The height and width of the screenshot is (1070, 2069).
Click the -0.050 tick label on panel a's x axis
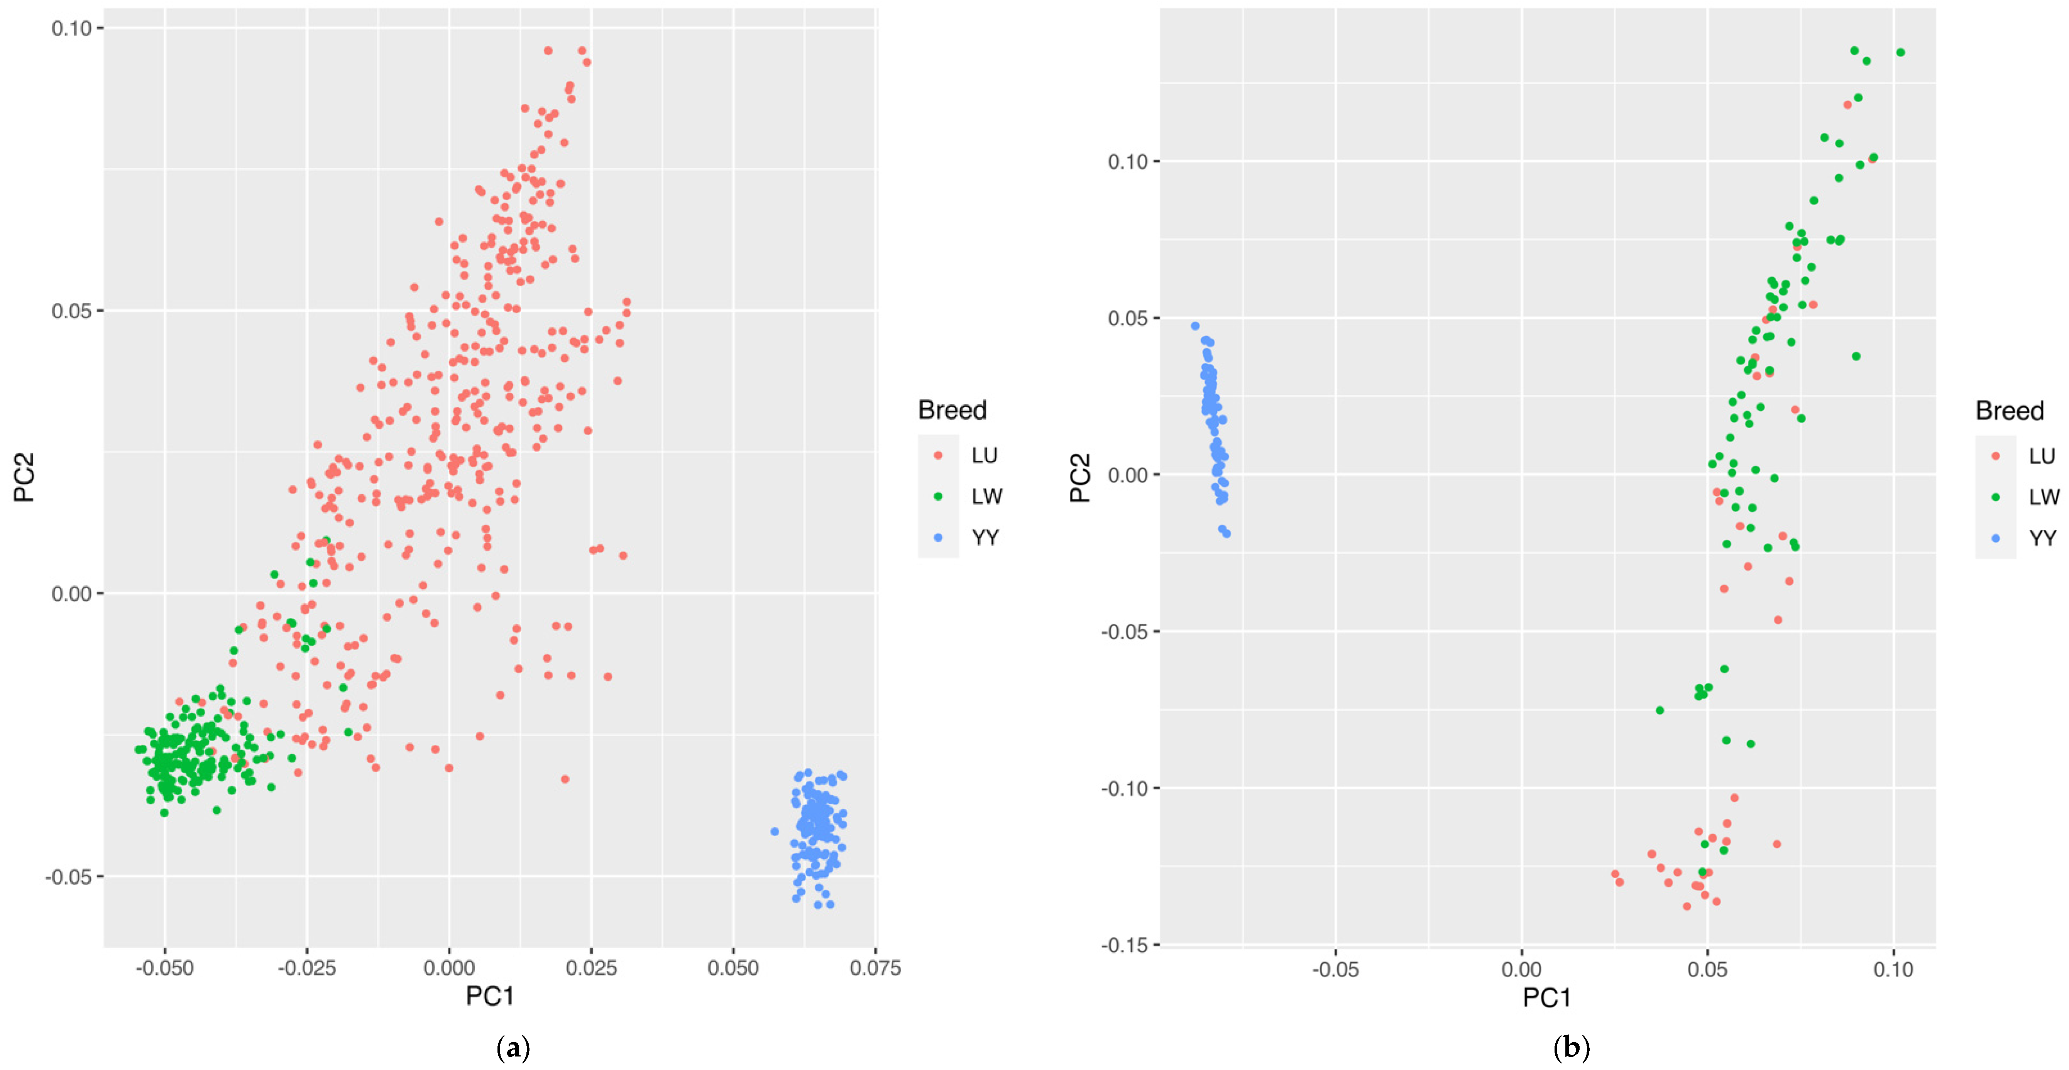point(165,968)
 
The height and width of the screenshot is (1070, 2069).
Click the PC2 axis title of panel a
point(25,477)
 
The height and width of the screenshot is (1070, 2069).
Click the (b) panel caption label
point(1571,1048)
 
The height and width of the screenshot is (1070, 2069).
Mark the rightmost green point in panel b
point(1900,52)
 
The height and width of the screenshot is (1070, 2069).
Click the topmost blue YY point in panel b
point(1195,326)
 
